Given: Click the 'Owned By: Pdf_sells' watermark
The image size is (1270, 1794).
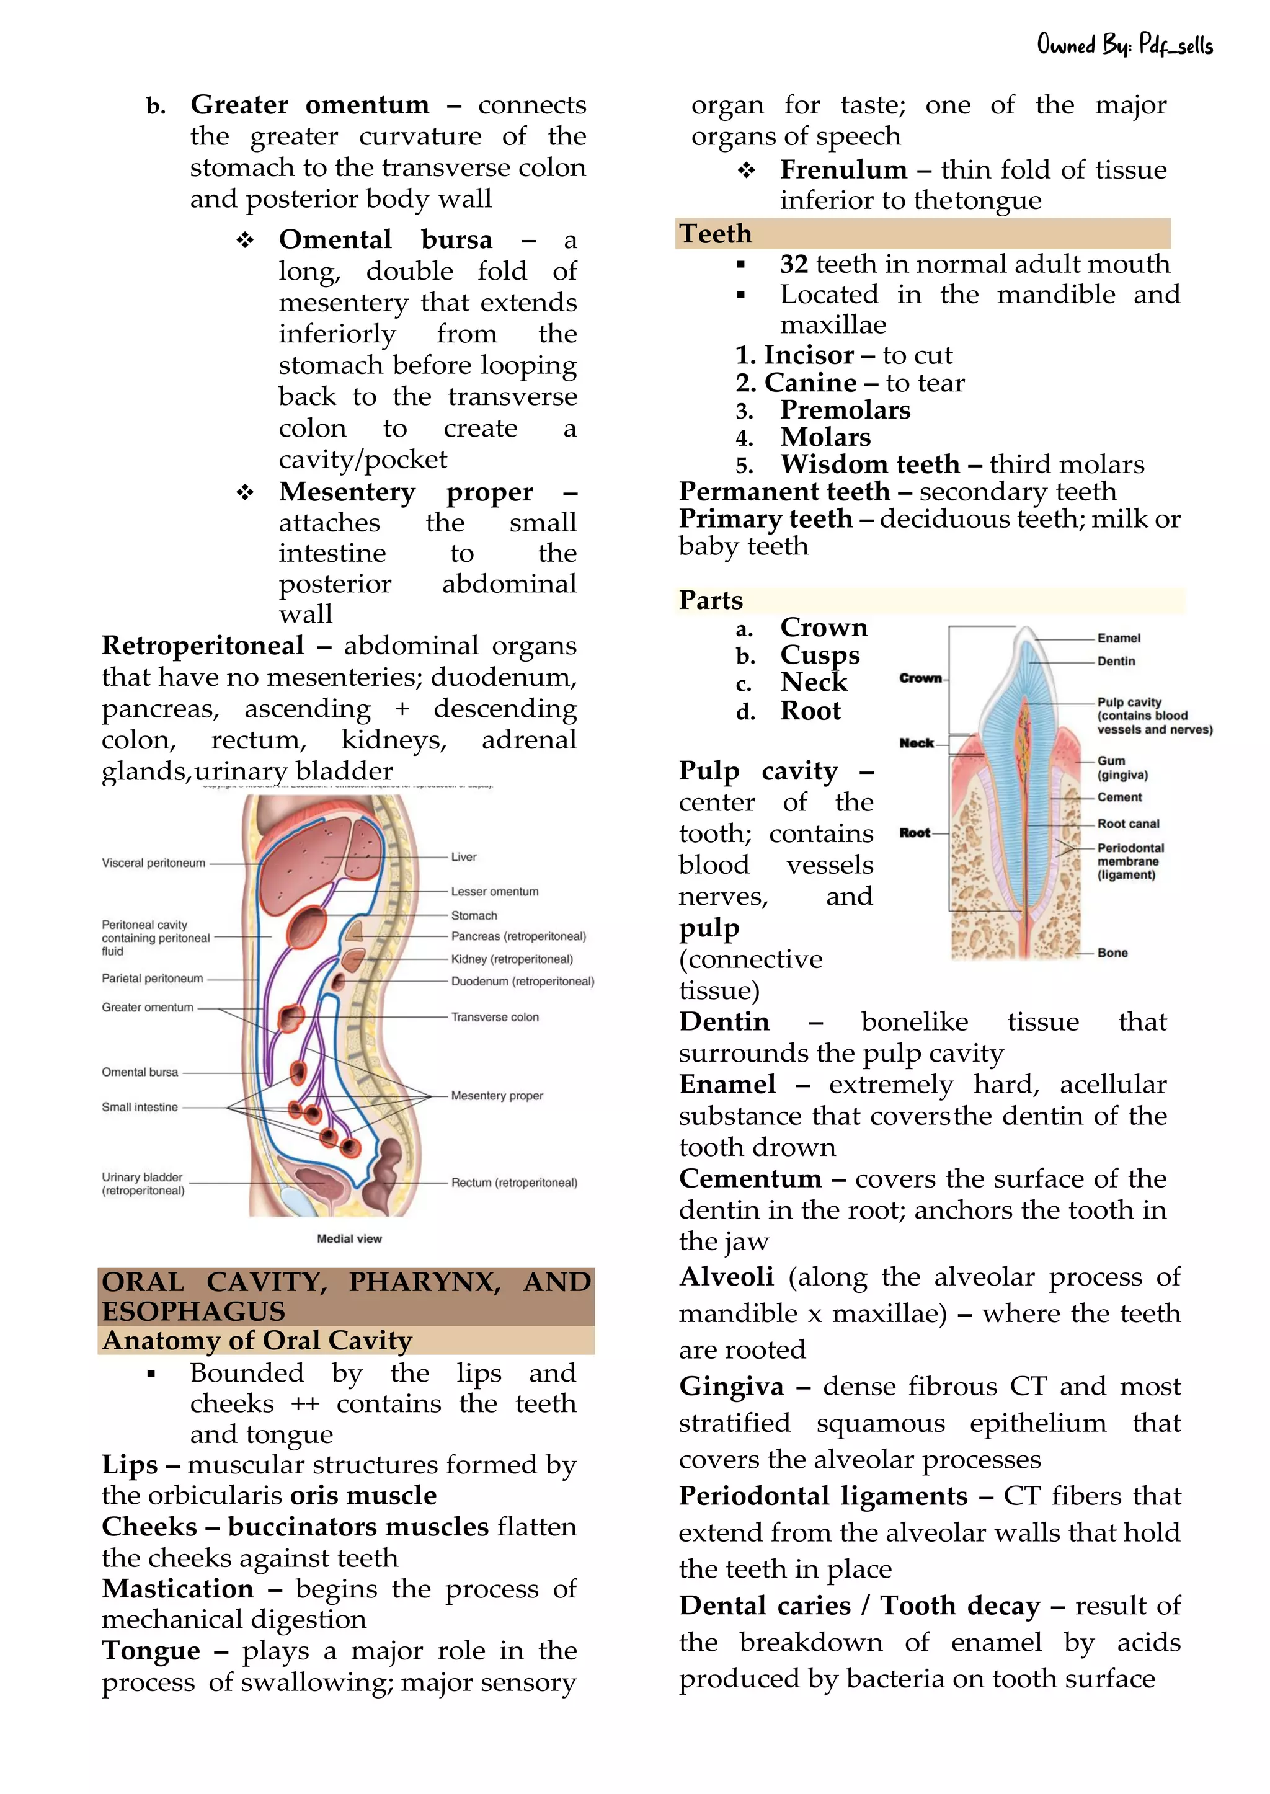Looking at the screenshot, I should coord(1124,45).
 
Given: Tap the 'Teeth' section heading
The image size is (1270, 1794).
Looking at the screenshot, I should coord(716,234).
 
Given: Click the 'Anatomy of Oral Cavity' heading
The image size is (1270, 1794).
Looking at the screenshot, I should coord(257,1341).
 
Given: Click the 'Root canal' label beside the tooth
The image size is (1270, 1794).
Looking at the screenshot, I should coord(1127,824).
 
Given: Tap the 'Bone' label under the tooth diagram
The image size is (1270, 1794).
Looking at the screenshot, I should coord(1112,953).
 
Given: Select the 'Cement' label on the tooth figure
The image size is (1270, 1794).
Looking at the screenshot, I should coord(1119,797).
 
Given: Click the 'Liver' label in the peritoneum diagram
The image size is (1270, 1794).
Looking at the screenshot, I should coord(464,857).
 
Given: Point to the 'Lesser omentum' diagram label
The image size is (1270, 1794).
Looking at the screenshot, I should coord(494,892).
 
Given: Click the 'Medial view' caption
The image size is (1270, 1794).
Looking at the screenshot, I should coord(349,1239).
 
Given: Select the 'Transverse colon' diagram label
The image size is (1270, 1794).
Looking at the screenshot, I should coord(494,1018).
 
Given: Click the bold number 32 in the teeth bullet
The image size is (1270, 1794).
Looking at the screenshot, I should coord(794,264).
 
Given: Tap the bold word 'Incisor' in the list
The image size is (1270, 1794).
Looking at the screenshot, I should coord(809,355).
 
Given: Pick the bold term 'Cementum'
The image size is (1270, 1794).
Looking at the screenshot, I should coord(750,1179).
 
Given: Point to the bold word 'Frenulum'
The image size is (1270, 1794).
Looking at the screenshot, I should coord(843,170).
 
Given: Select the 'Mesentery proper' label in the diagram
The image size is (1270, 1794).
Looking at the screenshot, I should coord(497,1096).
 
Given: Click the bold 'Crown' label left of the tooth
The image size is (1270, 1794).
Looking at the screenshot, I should coord(920,678).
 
